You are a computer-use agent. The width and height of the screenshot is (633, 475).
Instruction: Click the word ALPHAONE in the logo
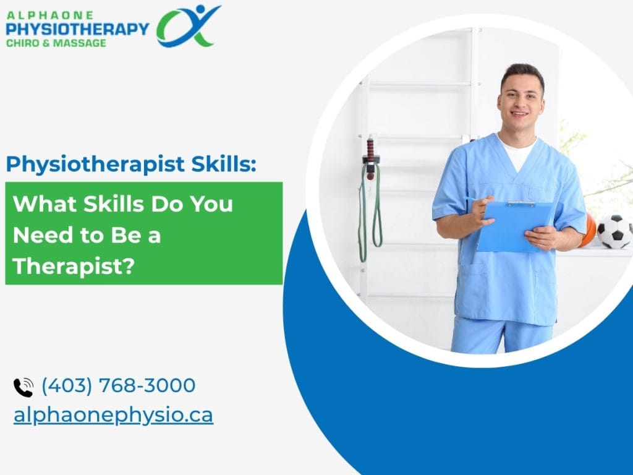click(x=50, y=15)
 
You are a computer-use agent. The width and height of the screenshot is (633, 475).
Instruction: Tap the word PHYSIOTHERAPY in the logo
click(x=77, y=29)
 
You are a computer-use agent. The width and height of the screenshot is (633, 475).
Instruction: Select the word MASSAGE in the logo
click(x=80, y=43)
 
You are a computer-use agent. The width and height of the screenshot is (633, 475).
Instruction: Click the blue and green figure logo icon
click(x=188, y=26)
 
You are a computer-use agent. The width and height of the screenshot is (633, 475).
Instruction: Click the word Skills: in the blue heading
click(x=224, y=163)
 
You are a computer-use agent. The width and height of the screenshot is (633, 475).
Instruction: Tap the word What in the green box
click(x=45, y=203)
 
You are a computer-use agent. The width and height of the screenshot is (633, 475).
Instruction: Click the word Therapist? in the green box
click(x=74, y=267)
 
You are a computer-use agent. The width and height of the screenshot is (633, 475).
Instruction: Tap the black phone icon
click(x=23, y=387)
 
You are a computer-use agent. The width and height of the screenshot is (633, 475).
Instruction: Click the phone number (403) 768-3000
click(x=119, y=385)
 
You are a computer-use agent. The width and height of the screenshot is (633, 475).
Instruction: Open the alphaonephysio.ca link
click(x=114, y=416)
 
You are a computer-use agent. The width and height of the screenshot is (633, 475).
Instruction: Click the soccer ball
click(x=614, y=231)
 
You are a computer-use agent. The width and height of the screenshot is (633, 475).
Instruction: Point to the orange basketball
click(x=588, y=230)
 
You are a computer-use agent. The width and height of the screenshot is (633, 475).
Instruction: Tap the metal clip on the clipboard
click(x=521, y=203)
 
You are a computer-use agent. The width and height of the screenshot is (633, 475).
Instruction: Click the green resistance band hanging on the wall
click(x=370, y=210)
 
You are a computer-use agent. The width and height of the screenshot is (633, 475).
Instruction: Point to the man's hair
click(x=523, y=75)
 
